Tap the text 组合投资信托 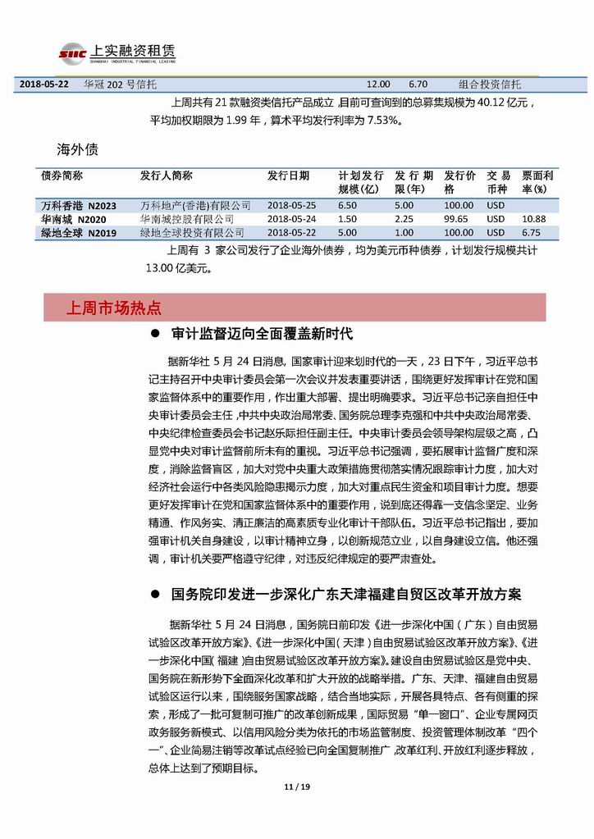click(489, 84)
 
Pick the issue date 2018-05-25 click(291, 205)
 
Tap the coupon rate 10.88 click(533, 219)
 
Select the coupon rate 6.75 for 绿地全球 click(533, 233)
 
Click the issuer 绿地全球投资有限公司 click(192, 233)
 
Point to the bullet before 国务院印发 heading click(154, 594)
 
